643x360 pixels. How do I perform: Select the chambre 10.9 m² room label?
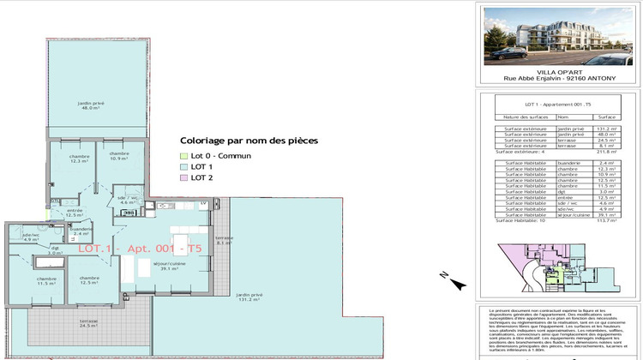click(x=118, y=156)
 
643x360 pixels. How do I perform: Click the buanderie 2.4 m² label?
click(x=81, y=231)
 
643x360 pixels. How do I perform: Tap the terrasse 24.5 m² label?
click(x=89, y=323)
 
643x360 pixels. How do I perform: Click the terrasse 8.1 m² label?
click(x=225, y=240)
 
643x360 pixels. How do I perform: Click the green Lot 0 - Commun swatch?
click(x=183, y=155)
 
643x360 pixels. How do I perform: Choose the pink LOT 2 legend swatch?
click(x=183, y=177)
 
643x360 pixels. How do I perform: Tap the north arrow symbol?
click(x=456, y=279)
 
